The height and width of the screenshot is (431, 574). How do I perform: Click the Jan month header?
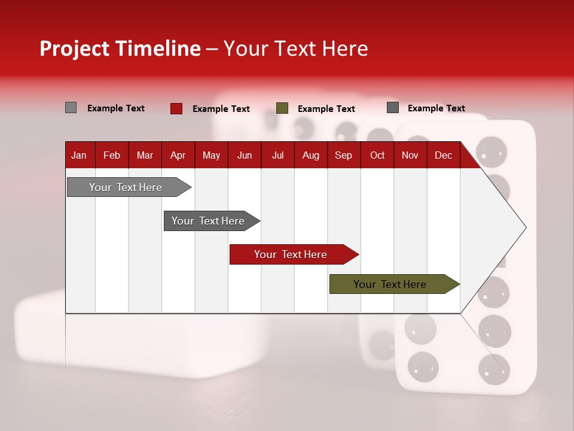click(79, 156)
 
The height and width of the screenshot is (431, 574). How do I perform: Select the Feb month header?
click(112, 156)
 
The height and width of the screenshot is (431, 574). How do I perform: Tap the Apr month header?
click(178, 156)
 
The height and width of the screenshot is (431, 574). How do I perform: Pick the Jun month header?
click(245, 156)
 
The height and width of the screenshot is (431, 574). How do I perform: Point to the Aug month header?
click(310, 156)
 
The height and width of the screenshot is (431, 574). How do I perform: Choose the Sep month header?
click(343, 156)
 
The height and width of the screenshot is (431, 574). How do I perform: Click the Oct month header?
click(377, 156)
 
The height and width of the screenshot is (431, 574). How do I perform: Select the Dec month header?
click(443, 156)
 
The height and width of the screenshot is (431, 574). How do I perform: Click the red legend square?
click(176, 108)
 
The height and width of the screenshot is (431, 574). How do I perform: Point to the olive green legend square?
click(282, 108)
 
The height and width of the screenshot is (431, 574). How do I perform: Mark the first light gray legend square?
click(71, 108)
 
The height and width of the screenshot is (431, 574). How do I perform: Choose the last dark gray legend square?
click(393, 108)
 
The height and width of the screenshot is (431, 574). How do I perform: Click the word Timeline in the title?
click(157, 48)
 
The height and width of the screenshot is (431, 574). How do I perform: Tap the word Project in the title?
click(75, 48)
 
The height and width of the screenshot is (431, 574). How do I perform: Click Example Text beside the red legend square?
click(221, 109)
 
